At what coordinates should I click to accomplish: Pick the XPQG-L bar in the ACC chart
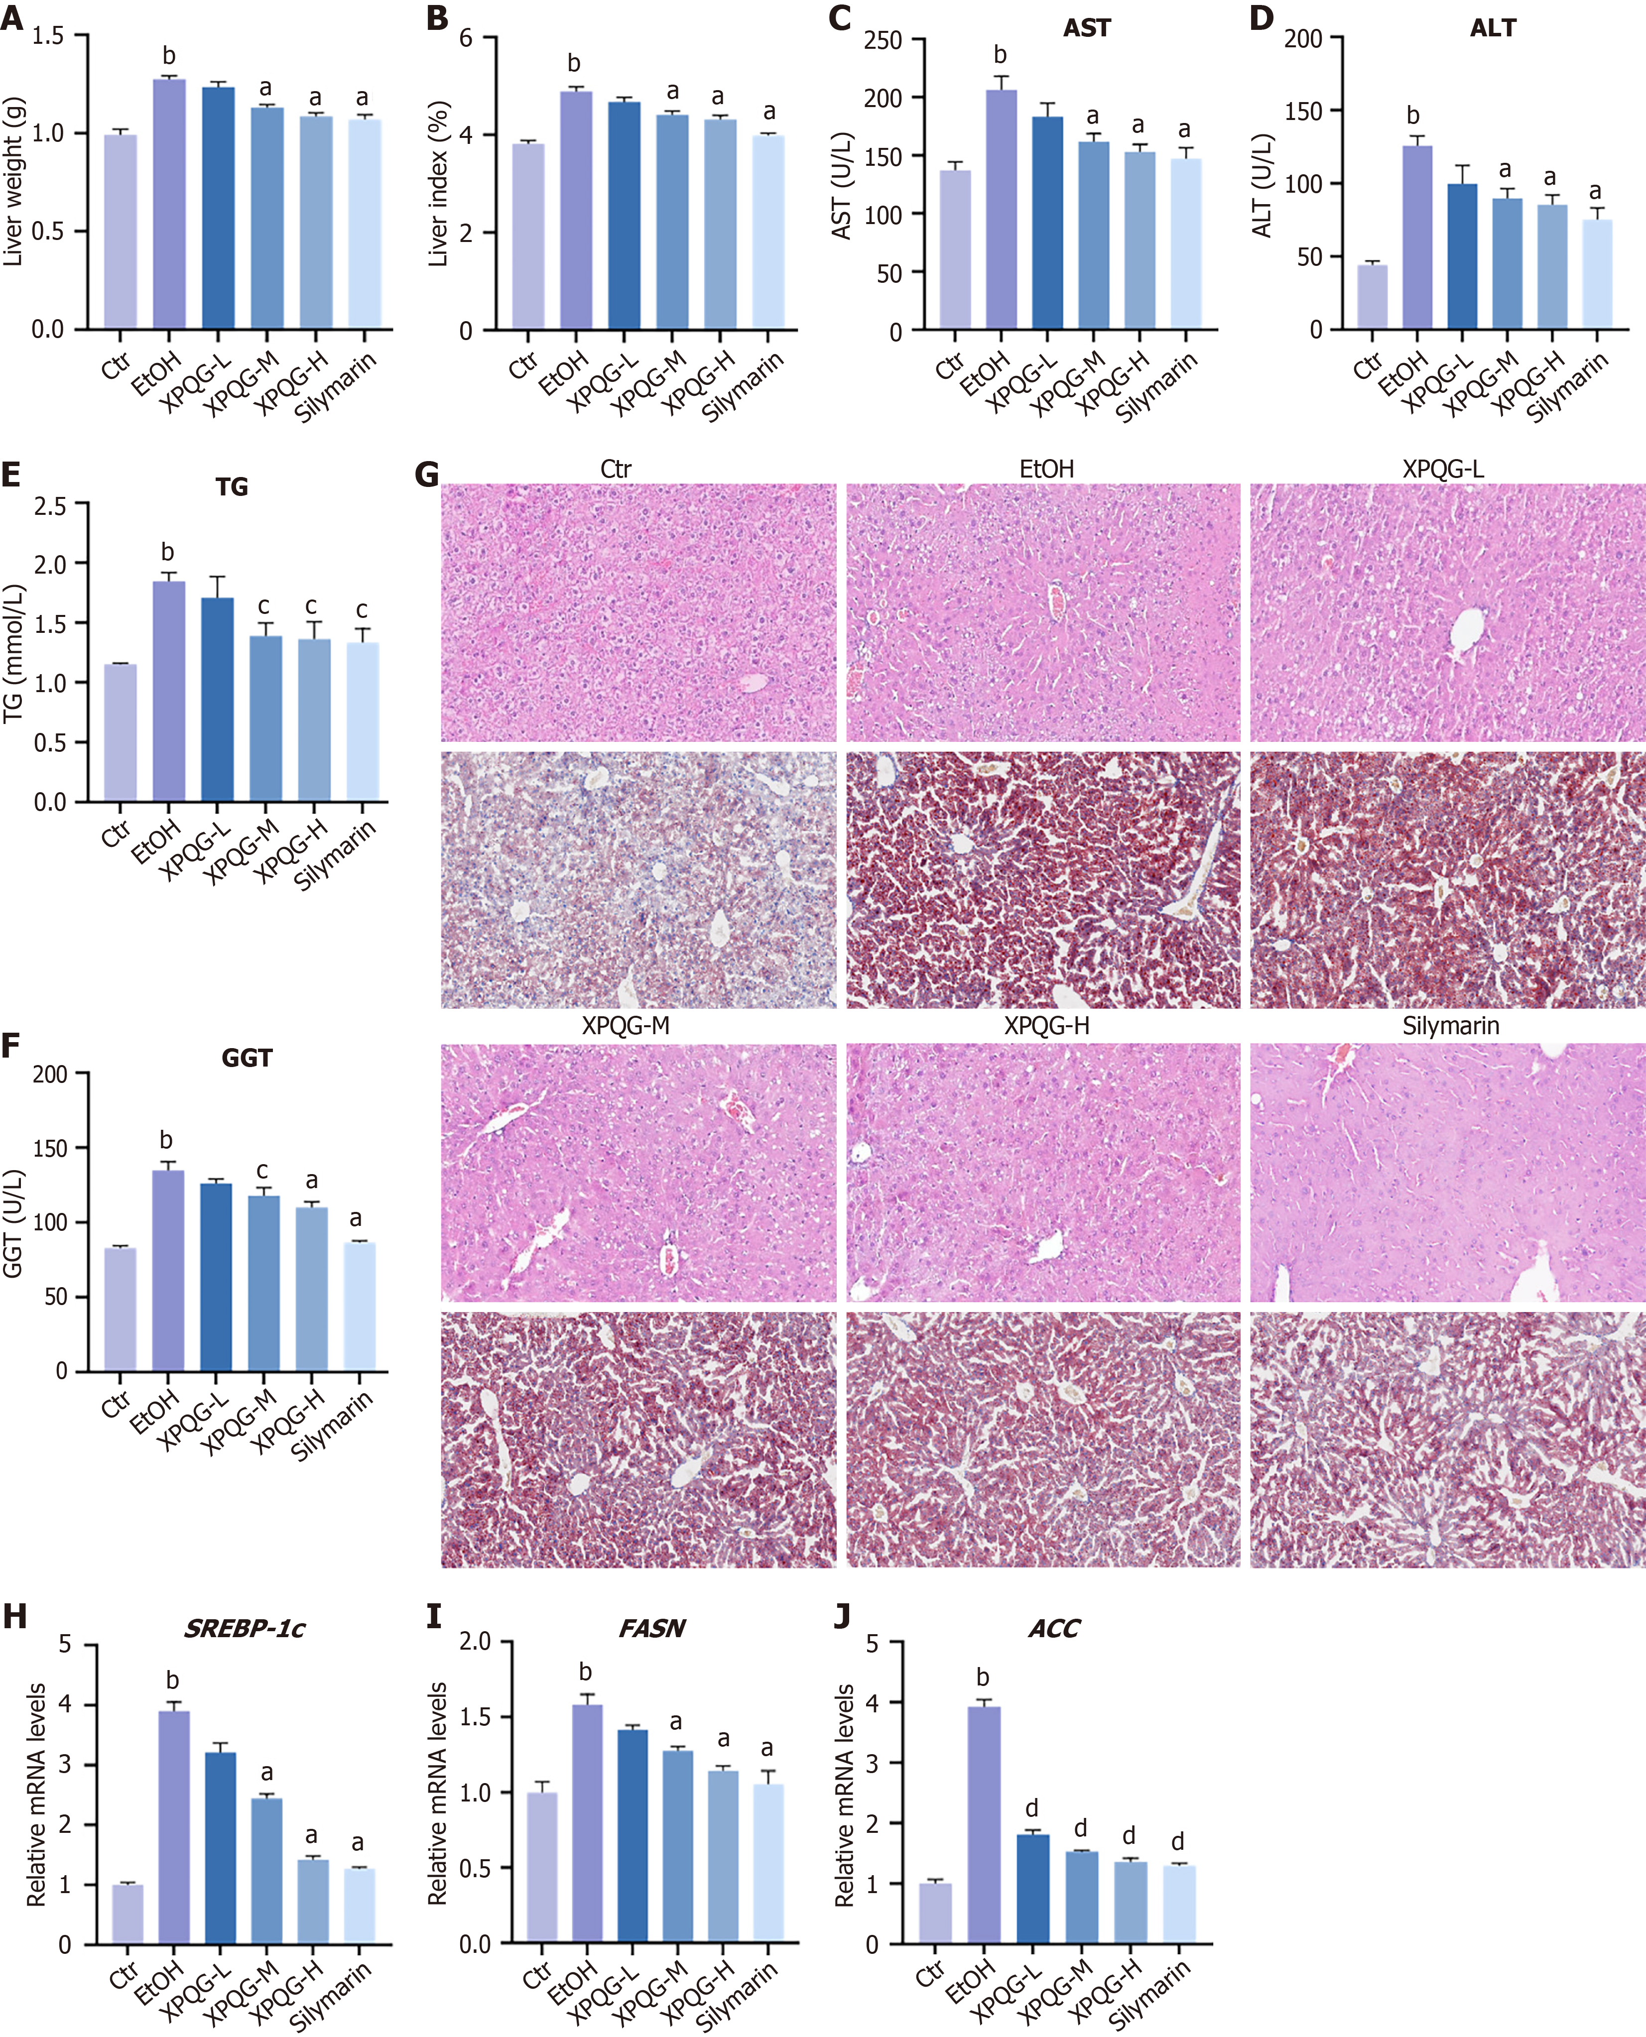[1032, 1888]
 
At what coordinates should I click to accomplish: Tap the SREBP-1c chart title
[245, 1629]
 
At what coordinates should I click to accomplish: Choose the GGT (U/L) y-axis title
[13, 1223]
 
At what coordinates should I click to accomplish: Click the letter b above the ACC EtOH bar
[982, 1678]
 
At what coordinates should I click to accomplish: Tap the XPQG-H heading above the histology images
[1047, 1026]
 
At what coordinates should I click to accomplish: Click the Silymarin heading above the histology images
[1451, 1026]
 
